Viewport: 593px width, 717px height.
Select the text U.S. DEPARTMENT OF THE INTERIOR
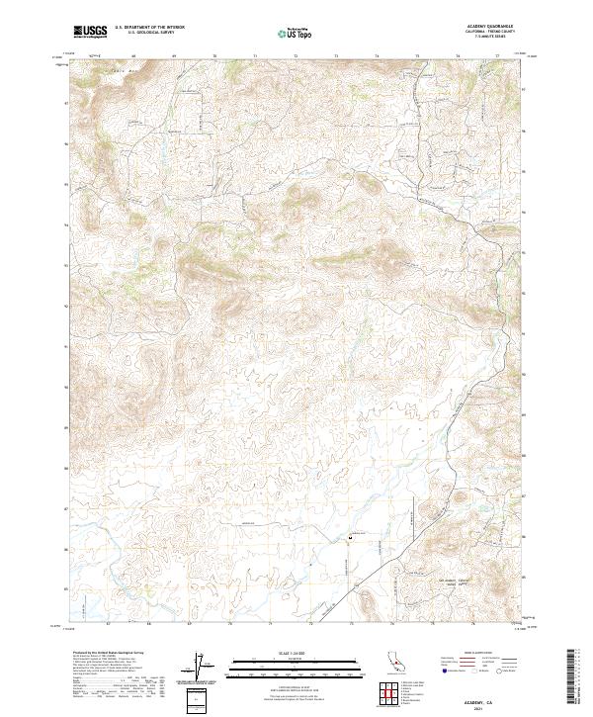(x=149, y=28)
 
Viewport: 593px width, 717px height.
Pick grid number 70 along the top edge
(x=215, y=56)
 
